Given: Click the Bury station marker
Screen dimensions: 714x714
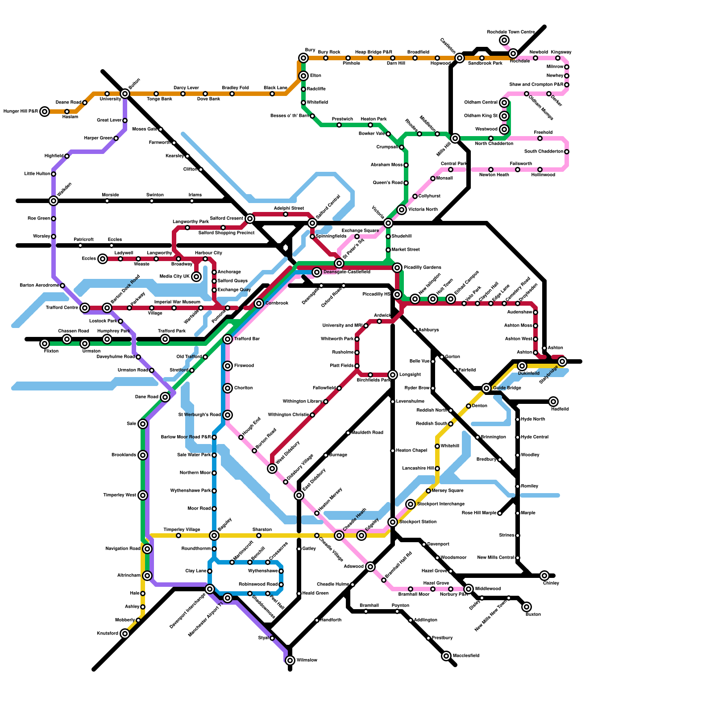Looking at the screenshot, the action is (303, 58).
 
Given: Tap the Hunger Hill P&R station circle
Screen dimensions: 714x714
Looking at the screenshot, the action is (45, 112).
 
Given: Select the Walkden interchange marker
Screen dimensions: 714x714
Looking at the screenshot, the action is (54, 201).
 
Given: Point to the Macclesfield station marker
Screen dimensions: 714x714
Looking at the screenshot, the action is (446, 656).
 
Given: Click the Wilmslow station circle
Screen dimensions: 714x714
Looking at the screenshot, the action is (290, 660).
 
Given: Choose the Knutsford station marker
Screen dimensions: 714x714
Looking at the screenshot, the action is (125, 634).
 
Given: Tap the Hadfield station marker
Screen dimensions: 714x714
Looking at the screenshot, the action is (553, 402).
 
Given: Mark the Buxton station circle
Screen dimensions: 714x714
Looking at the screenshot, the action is (527, 607).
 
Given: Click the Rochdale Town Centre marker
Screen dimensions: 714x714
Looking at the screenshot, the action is (504, 40).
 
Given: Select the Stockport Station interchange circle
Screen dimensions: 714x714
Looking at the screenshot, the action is (393, 522).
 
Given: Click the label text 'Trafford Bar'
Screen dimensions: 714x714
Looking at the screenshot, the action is (247, 339).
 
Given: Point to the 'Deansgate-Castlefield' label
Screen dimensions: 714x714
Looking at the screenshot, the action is (347, 272).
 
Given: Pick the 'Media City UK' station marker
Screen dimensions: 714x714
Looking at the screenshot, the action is (196, 277).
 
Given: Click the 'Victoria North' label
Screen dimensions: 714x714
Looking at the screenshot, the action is (423, 210).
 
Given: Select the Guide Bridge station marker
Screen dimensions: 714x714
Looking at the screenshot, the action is (486, 388).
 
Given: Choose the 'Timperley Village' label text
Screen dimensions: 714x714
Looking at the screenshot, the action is (182, 530).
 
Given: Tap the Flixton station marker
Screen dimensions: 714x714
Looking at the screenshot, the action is (45, 344).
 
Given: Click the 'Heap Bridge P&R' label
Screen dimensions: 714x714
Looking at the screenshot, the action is (370, 52).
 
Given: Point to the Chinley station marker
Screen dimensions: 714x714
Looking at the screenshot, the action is (544, 576).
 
